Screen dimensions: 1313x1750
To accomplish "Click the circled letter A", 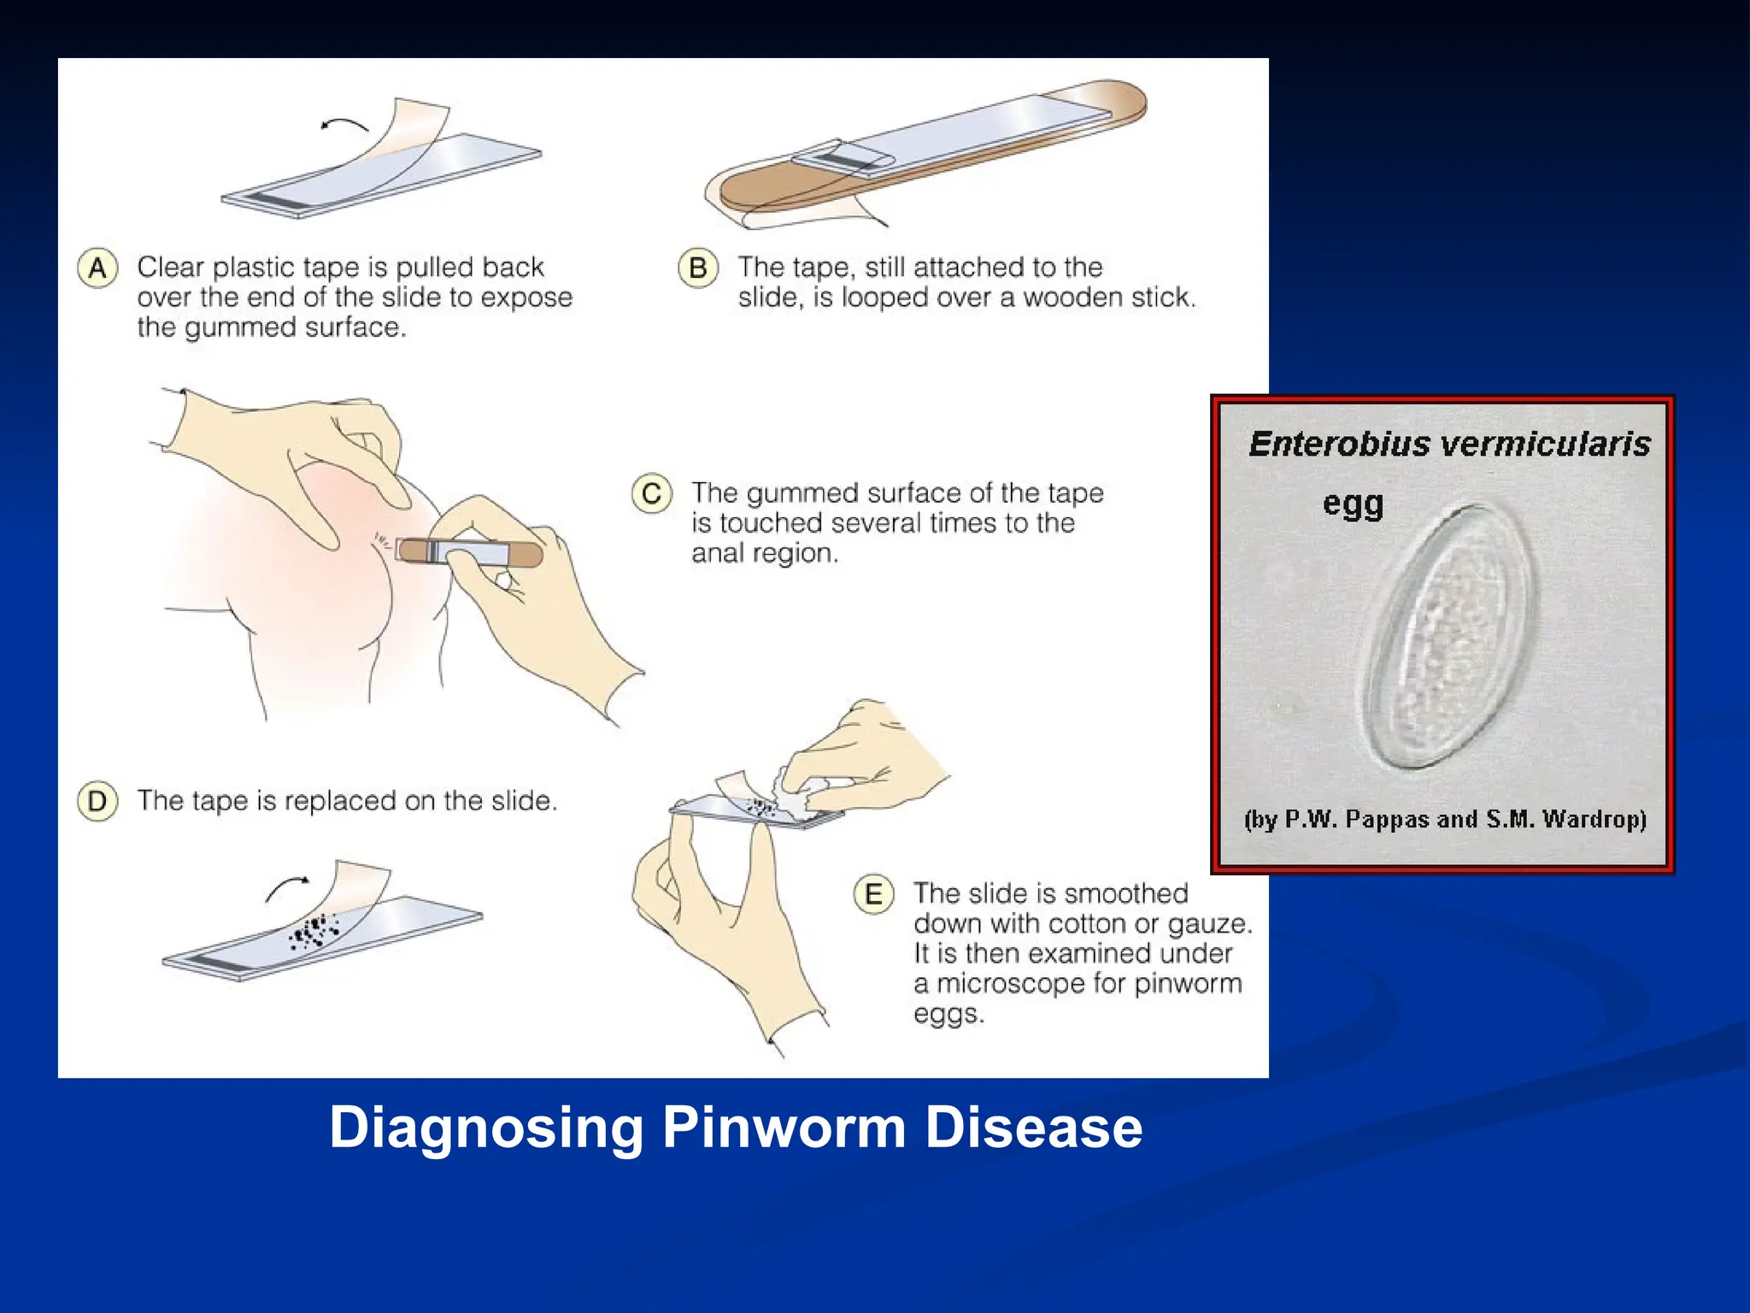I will (x=97, y=268).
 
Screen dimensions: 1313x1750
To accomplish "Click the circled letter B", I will (x=698, y=268).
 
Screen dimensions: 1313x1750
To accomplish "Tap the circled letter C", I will (x=652, y=494).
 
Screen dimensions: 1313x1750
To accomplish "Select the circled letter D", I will (x=97, y=802).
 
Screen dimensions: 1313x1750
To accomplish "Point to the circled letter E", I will (x=873, y=894).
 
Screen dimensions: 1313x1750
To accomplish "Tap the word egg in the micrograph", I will (x=1353, y=503).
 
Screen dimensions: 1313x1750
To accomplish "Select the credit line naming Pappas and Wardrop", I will (x=1445, y=819).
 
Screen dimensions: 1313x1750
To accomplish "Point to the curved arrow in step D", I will (x=287, y=888).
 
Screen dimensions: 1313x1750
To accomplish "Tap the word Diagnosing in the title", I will (x=485, y=1128).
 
